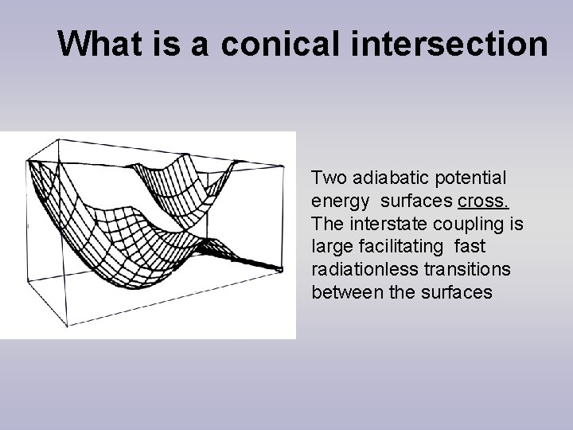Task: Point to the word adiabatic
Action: pos(380,176)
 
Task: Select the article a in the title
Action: pos(198,45)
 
